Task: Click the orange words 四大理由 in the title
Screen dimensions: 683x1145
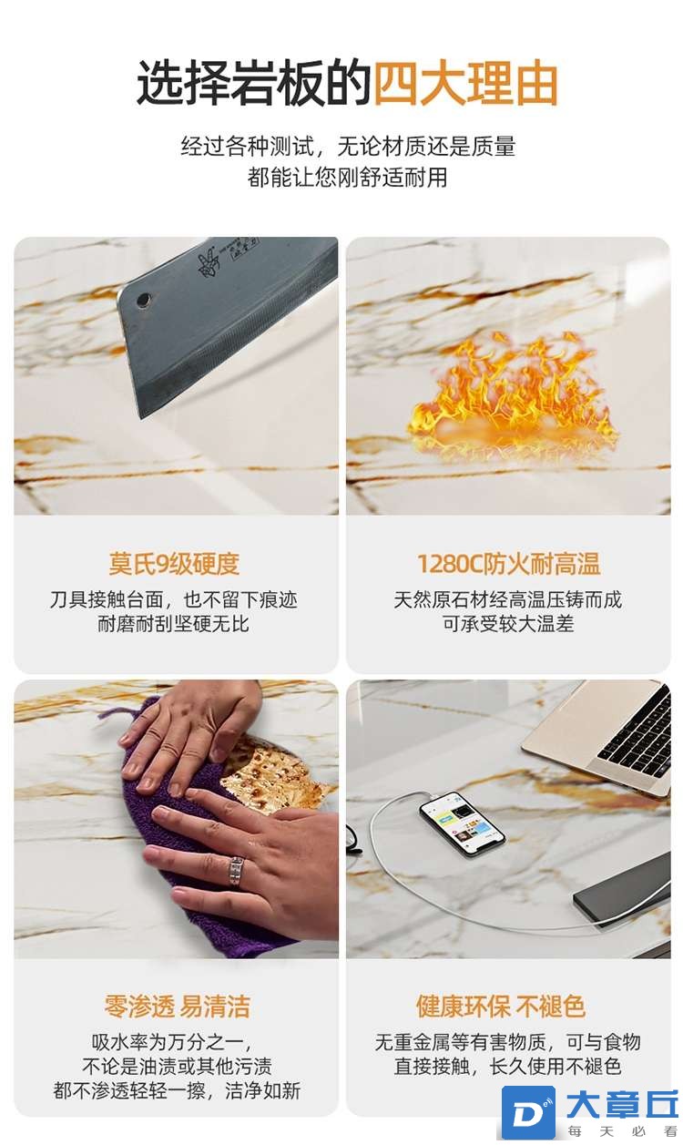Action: click(x=465, y=83)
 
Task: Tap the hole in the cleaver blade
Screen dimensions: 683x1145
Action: click(x=144, y=300)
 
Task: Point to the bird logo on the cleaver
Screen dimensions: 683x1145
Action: click(x=209, y=264)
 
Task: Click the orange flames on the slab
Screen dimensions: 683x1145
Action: click(x=511, y=393)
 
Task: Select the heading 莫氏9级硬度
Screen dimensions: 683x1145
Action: click(x=174, y=564)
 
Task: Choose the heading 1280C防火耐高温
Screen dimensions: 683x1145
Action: click(x=508, y=564)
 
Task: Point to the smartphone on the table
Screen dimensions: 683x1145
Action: click(x=463, y=823)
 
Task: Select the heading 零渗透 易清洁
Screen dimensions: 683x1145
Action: click(x=177, y=1007)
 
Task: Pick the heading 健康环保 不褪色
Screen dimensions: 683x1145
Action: click(x=501, y=1007)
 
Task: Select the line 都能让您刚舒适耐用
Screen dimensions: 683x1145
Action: click(x=347, y=178)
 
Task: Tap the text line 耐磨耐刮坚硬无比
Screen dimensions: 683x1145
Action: click(x=174, y=624)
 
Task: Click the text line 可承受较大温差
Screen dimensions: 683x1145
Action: click(x=508, y=624)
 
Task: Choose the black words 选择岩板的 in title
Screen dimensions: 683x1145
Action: click(x=253, y=83)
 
